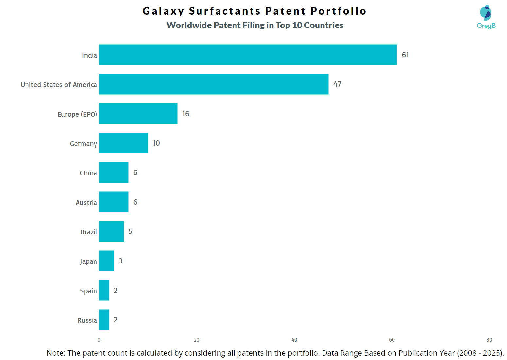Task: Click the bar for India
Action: tap(248, 55)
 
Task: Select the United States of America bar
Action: tap(214, 84)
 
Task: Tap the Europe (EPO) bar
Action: tap(138, 114)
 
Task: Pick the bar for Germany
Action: tap(123, 143)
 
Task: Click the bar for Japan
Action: tap(106, 261)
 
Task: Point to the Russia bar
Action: tap(104, 320)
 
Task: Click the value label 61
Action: tap(405, 55)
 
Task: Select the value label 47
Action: tap(337, 84)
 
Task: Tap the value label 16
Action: tap(185, 114)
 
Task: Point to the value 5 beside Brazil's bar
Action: tap(130, 232)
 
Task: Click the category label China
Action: tap(88, 173)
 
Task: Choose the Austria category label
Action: tap(86, 203)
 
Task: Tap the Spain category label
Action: tap(88, 291)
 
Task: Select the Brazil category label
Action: tap(89, 232)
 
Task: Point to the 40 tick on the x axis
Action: tap(294, 340)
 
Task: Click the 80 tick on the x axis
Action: tap(489, 340)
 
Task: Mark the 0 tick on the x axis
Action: tap(99, 340)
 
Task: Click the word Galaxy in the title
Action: tap(163, 11)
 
